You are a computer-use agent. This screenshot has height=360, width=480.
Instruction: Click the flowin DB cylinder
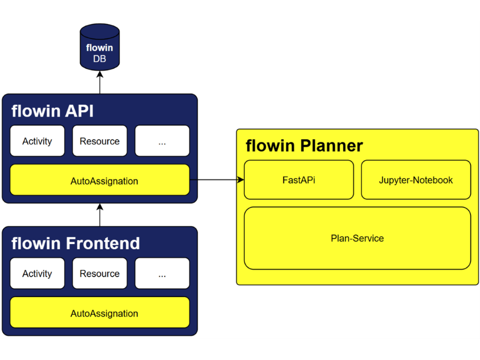99,47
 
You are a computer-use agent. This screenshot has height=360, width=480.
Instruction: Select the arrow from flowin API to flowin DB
100,82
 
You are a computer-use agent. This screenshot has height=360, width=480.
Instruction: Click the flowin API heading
52,111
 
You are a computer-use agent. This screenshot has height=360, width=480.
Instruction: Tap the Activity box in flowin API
37,141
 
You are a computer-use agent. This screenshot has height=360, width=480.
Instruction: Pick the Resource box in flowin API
100,141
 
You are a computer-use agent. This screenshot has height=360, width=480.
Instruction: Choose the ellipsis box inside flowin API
162,141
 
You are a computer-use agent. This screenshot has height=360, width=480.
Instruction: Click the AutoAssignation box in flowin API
100,180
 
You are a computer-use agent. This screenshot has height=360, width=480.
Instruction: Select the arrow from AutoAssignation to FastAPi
217,179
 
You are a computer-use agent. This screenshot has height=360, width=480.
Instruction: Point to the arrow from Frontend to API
100,215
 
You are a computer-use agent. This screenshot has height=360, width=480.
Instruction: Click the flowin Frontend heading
75,243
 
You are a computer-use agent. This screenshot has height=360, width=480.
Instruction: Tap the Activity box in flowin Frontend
37,273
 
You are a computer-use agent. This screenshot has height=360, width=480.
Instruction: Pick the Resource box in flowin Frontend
100,273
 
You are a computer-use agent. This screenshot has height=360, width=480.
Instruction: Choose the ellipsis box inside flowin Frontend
162,273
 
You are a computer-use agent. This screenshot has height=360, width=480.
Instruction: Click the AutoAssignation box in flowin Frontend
100,312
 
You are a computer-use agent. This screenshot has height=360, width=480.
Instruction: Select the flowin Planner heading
304,145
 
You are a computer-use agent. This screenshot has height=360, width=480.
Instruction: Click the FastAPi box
299,179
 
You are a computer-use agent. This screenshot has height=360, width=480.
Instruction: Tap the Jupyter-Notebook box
416,179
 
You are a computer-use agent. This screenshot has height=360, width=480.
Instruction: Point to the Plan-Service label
357,238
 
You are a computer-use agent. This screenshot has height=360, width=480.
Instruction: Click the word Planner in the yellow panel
331,145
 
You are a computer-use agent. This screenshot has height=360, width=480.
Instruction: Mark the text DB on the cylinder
99,58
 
